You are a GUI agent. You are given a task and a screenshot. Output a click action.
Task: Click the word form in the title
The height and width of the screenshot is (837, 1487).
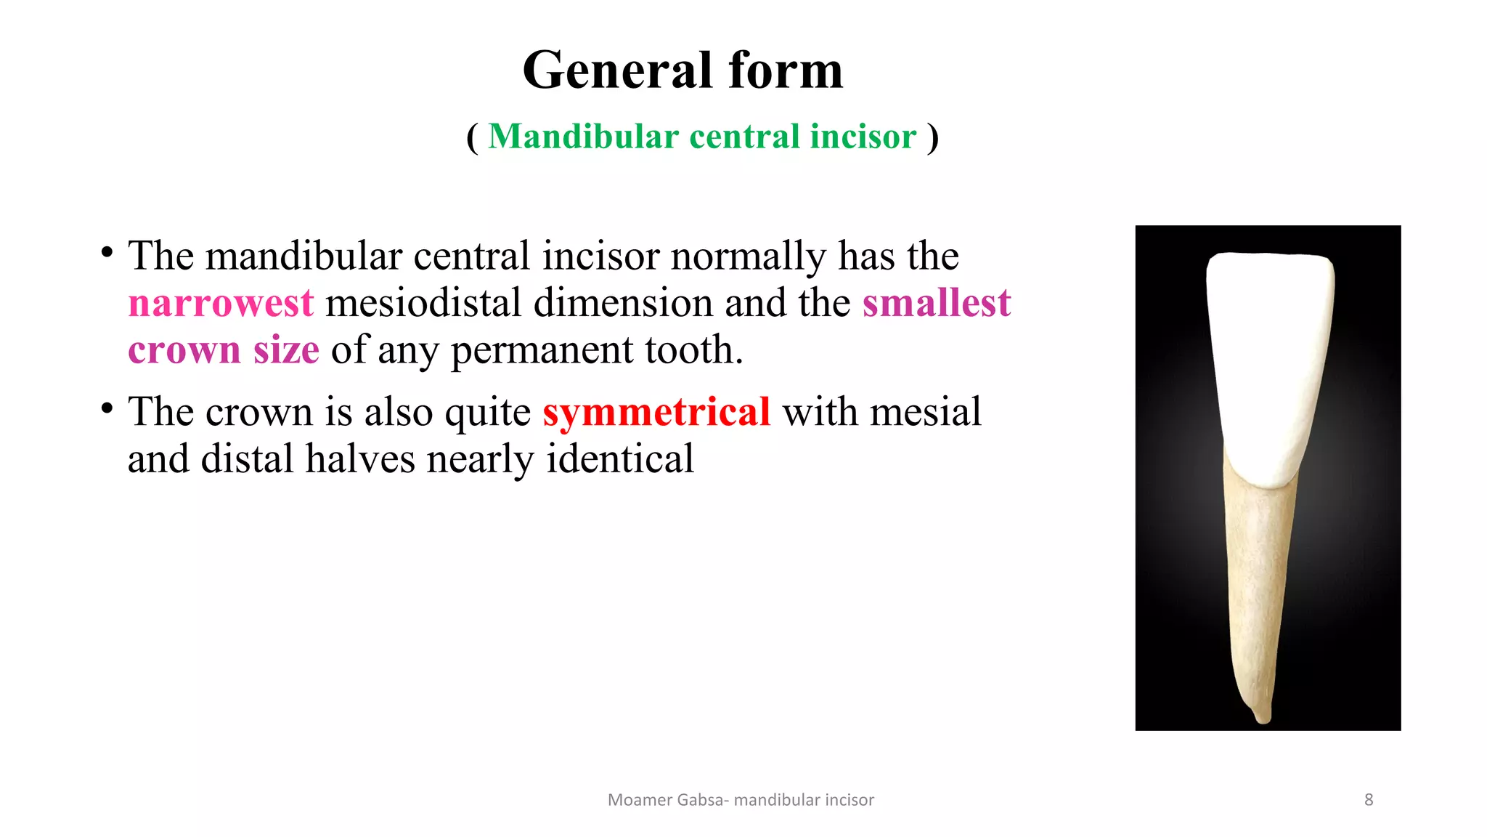click(x=786, y=70)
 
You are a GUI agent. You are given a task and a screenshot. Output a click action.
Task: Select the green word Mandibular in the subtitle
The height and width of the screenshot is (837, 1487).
click(x=583, y=137)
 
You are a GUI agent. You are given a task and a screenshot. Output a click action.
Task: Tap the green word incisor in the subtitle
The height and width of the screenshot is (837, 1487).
click(x=863, y=137)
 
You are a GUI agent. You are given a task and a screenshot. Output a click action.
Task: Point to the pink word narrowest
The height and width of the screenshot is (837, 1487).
click(x=221, y=303)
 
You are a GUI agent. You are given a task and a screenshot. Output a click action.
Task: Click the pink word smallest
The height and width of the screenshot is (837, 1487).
click(x=937, y=303)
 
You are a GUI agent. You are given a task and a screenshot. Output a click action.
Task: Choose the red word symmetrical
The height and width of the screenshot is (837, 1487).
click(x=656, y=412)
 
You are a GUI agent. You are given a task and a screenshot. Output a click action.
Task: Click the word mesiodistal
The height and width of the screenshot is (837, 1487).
click(x=423, y=303)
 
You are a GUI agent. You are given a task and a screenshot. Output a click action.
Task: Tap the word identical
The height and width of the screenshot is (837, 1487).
click(x=620, y=459)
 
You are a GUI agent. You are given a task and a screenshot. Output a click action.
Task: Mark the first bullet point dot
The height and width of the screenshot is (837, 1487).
click(x=107, y=253)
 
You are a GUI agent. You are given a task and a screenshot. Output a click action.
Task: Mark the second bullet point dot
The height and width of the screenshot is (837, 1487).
click(x=107, y=408)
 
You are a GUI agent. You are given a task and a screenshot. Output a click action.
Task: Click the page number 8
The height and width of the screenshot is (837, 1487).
click(x=1369, y=800)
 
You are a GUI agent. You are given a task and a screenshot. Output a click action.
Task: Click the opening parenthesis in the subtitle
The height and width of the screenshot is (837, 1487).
click(x=473, y=137)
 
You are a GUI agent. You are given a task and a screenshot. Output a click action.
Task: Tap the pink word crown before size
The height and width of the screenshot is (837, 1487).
click(x=184, y=350)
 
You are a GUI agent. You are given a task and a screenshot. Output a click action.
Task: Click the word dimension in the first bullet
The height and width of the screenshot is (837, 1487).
click(x=623, y=303)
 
